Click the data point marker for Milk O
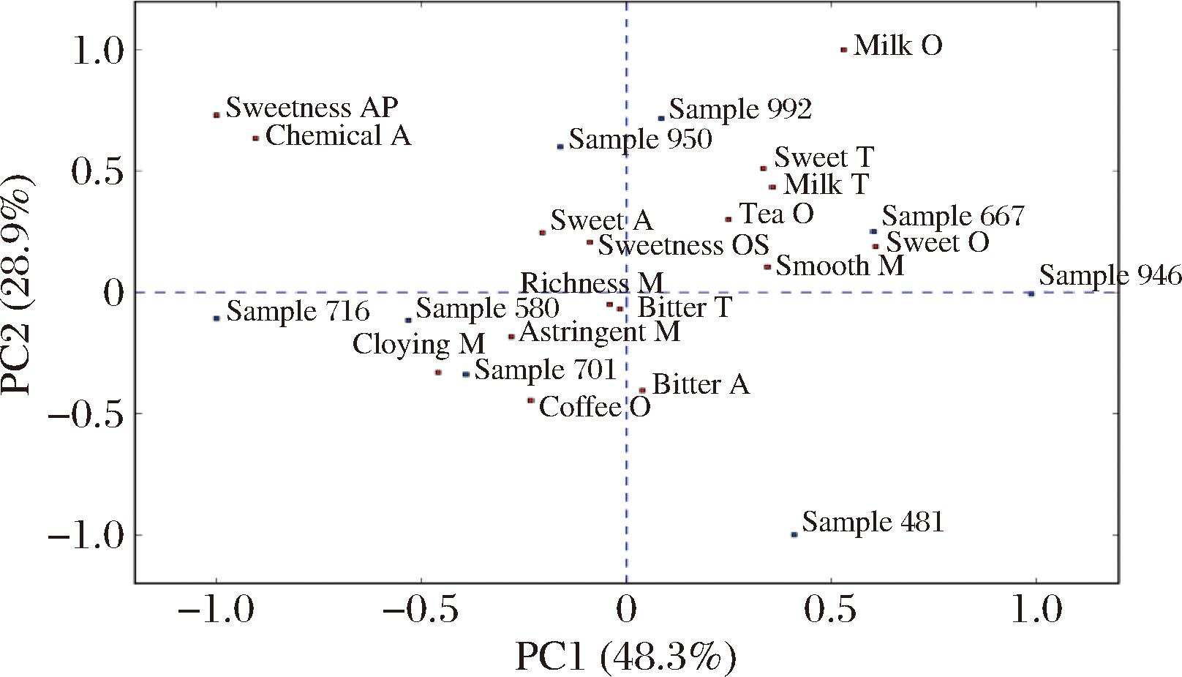pos(843,50)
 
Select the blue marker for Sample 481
pos(794,534)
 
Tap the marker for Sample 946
pos(1031,293)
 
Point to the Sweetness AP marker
pos(217,115)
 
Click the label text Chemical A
pos(338,136)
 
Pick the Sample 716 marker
pos(217,318)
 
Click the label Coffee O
pos(594,407)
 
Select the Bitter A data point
pos(642,390)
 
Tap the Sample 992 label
pos(740,110)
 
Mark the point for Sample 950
pos(560,146)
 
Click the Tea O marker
pos(728,219)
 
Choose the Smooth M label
pos(840,266)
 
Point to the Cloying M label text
pos(418,344)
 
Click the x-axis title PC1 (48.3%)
pos(625,657)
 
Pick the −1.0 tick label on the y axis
pos(86,535)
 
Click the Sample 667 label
pos(952,217)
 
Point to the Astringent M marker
pos(511,337)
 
